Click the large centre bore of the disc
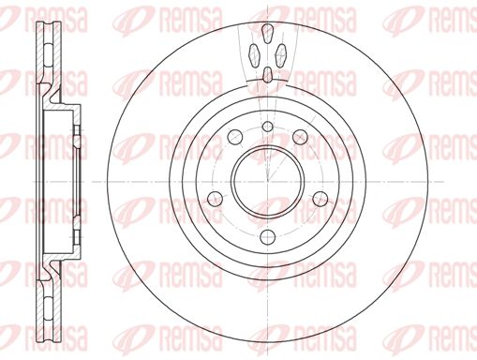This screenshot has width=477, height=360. click(268, 181)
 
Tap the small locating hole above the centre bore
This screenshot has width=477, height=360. click(267, 127)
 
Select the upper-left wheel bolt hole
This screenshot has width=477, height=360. click(235, 136)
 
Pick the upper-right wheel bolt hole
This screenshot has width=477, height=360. click(300, 136)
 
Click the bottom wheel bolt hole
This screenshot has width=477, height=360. click(267, 236)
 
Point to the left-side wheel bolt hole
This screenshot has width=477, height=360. click(216, 199)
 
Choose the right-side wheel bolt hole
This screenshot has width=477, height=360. click(320, 199)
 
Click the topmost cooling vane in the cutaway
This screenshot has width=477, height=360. click(267, 33)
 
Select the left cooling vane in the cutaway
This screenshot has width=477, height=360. click(254, 55)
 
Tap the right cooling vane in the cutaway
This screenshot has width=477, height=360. click(281, 55)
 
